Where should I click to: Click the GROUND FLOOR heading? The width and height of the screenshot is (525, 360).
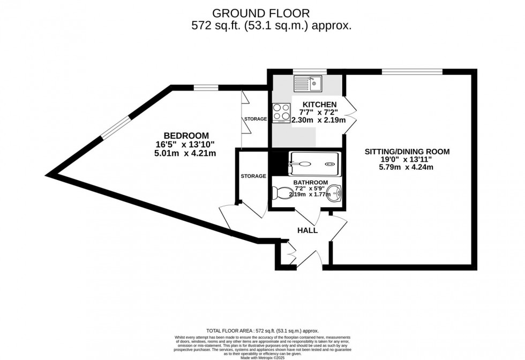(x=261, y=12)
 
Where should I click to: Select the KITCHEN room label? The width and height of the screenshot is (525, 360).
(x=319, y=104)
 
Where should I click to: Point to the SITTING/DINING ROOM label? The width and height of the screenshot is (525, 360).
(x=407, y=152)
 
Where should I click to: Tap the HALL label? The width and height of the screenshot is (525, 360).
(x=307, y=230)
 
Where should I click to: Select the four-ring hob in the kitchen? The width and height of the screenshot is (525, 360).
(x=281, y=112)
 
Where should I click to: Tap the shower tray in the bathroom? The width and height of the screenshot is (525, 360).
(x=314, y=163)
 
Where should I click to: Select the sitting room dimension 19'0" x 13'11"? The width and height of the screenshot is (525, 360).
(x=407, y=160)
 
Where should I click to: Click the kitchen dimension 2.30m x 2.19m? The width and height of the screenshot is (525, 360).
(x=318, y=121)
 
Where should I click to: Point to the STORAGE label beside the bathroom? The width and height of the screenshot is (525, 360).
(x=253, y=176)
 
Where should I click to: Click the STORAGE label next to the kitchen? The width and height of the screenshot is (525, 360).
(x=256, y=119)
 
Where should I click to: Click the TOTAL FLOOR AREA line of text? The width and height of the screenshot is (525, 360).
(x=262, y=332)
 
